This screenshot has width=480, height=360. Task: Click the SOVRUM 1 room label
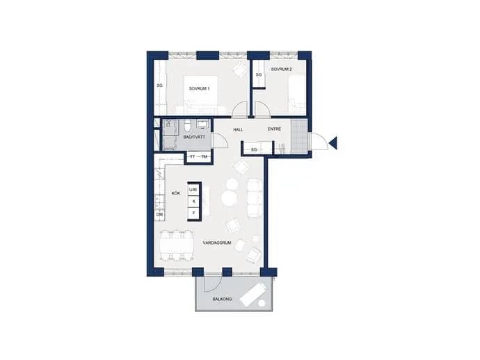[199, 89]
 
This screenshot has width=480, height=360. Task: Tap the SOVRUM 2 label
[281, 69]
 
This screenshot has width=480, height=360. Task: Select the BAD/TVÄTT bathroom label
[194, 137]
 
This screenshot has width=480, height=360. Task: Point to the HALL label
[238, 130]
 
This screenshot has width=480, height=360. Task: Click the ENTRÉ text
[274, 129]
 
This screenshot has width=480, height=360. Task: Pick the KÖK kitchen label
[176, 193]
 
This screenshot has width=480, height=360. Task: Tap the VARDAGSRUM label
[217, 243]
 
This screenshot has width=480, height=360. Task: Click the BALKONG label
[222, 299]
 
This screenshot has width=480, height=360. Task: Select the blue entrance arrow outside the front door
[333, 143]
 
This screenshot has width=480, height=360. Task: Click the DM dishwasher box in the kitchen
[159, 215]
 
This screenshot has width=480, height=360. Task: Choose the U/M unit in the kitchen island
[193, 190]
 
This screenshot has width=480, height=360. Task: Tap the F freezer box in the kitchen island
[193, 213]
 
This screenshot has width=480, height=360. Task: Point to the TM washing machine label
[205, 156]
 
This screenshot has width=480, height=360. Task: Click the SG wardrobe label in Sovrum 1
[159, 85]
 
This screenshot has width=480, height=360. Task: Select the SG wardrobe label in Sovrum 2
[259, 74]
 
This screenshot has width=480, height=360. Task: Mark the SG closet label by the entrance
[254, 150]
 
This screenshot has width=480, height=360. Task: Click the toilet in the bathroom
[188, 126]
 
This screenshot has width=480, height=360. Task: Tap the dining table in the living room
[177, 245]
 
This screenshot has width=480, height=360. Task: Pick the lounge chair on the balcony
[253, 294]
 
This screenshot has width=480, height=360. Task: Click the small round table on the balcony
[262, 303]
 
